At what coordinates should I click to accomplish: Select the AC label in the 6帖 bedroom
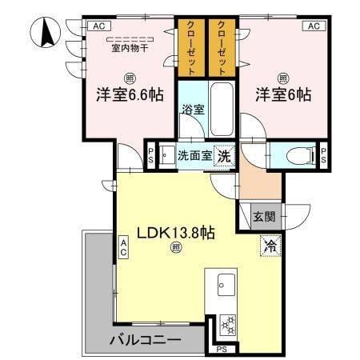click(314, 26)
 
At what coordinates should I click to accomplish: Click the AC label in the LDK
click(125, 247)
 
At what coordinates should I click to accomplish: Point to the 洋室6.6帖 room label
click(130, 94)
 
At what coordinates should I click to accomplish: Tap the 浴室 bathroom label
click(192, 110)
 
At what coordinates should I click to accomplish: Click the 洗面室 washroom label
click(194, 156)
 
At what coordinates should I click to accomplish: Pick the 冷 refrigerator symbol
click(270, 246)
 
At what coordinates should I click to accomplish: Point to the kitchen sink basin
click(225, 284)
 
